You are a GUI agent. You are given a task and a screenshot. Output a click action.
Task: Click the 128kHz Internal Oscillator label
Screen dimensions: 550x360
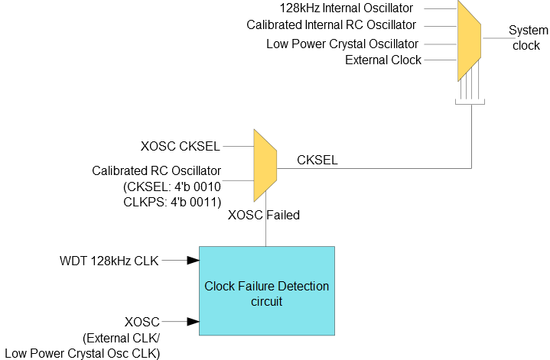point(347,8)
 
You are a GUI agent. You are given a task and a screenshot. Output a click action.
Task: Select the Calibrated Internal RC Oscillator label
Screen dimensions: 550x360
point(331,25)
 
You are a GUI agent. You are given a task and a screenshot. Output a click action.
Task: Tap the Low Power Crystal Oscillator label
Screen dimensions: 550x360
point(342,44)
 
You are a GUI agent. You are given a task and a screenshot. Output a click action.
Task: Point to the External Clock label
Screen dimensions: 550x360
point(383,60)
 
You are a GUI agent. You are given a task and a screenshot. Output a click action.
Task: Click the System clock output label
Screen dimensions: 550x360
point(528,38)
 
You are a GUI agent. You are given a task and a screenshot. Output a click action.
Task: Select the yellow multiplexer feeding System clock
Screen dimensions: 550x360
point(469,41)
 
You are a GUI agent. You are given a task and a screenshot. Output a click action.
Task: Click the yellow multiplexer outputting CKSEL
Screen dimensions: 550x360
point(265,165)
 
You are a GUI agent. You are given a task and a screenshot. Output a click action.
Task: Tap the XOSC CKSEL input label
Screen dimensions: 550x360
point(181,146)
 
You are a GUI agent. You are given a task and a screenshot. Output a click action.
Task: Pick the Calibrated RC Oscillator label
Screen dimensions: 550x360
point(157,170)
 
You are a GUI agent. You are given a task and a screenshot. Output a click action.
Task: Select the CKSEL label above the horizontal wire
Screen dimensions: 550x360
point(317,160)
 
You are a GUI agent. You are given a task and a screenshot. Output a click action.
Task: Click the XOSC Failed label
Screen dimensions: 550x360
point(264,215)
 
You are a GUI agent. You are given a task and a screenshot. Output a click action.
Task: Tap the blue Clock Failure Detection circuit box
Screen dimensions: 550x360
point(267,291)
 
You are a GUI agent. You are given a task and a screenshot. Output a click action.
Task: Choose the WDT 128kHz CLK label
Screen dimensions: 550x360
point(109,261)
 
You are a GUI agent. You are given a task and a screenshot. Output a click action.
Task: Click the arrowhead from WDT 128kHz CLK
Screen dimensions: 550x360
point(194,261)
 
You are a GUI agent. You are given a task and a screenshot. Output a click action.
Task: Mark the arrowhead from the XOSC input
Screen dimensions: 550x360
point(194,322)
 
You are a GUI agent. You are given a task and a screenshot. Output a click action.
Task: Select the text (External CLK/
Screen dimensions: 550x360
point(122,339)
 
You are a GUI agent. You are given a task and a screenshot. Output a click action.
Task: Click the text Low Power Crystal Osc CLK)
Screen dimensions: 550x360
point(83,353)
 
